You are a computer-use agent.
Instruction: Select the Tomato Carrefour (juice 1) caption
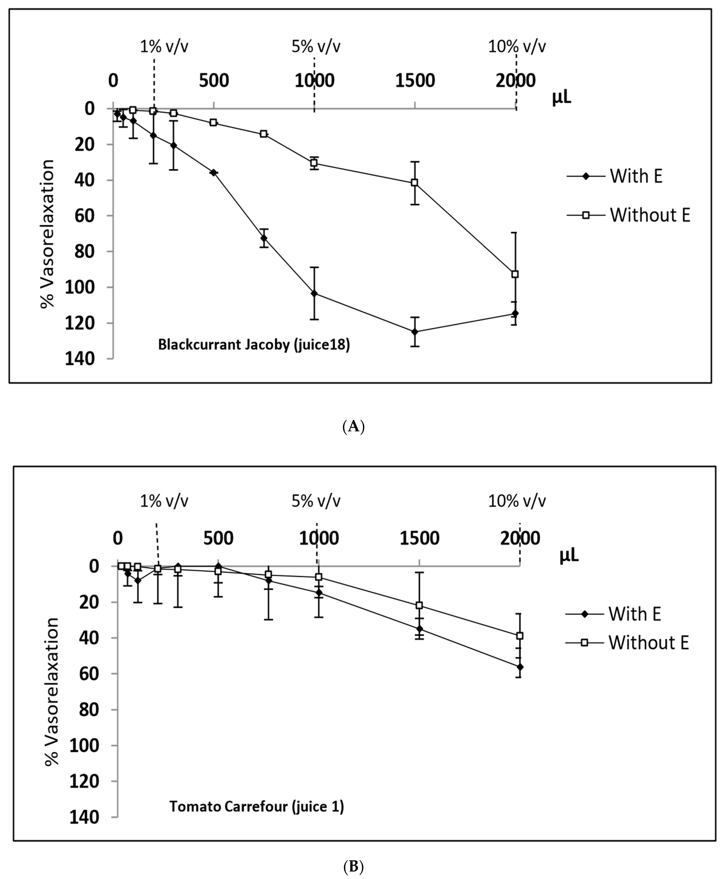[x=256, y=807]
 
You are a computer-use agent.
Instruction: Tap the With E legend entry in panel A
[x=636, y=176]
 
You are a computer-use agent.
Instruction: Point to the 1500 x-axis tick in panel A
[x=415, y=80]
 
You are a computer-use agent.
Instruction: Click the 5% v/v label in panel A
[x=316, y=46]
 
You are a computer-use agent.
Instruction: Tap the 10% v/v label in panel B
[x=517, y=501]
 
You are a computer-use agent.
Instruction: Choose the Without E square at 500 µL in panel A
[x=214, y=122]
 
